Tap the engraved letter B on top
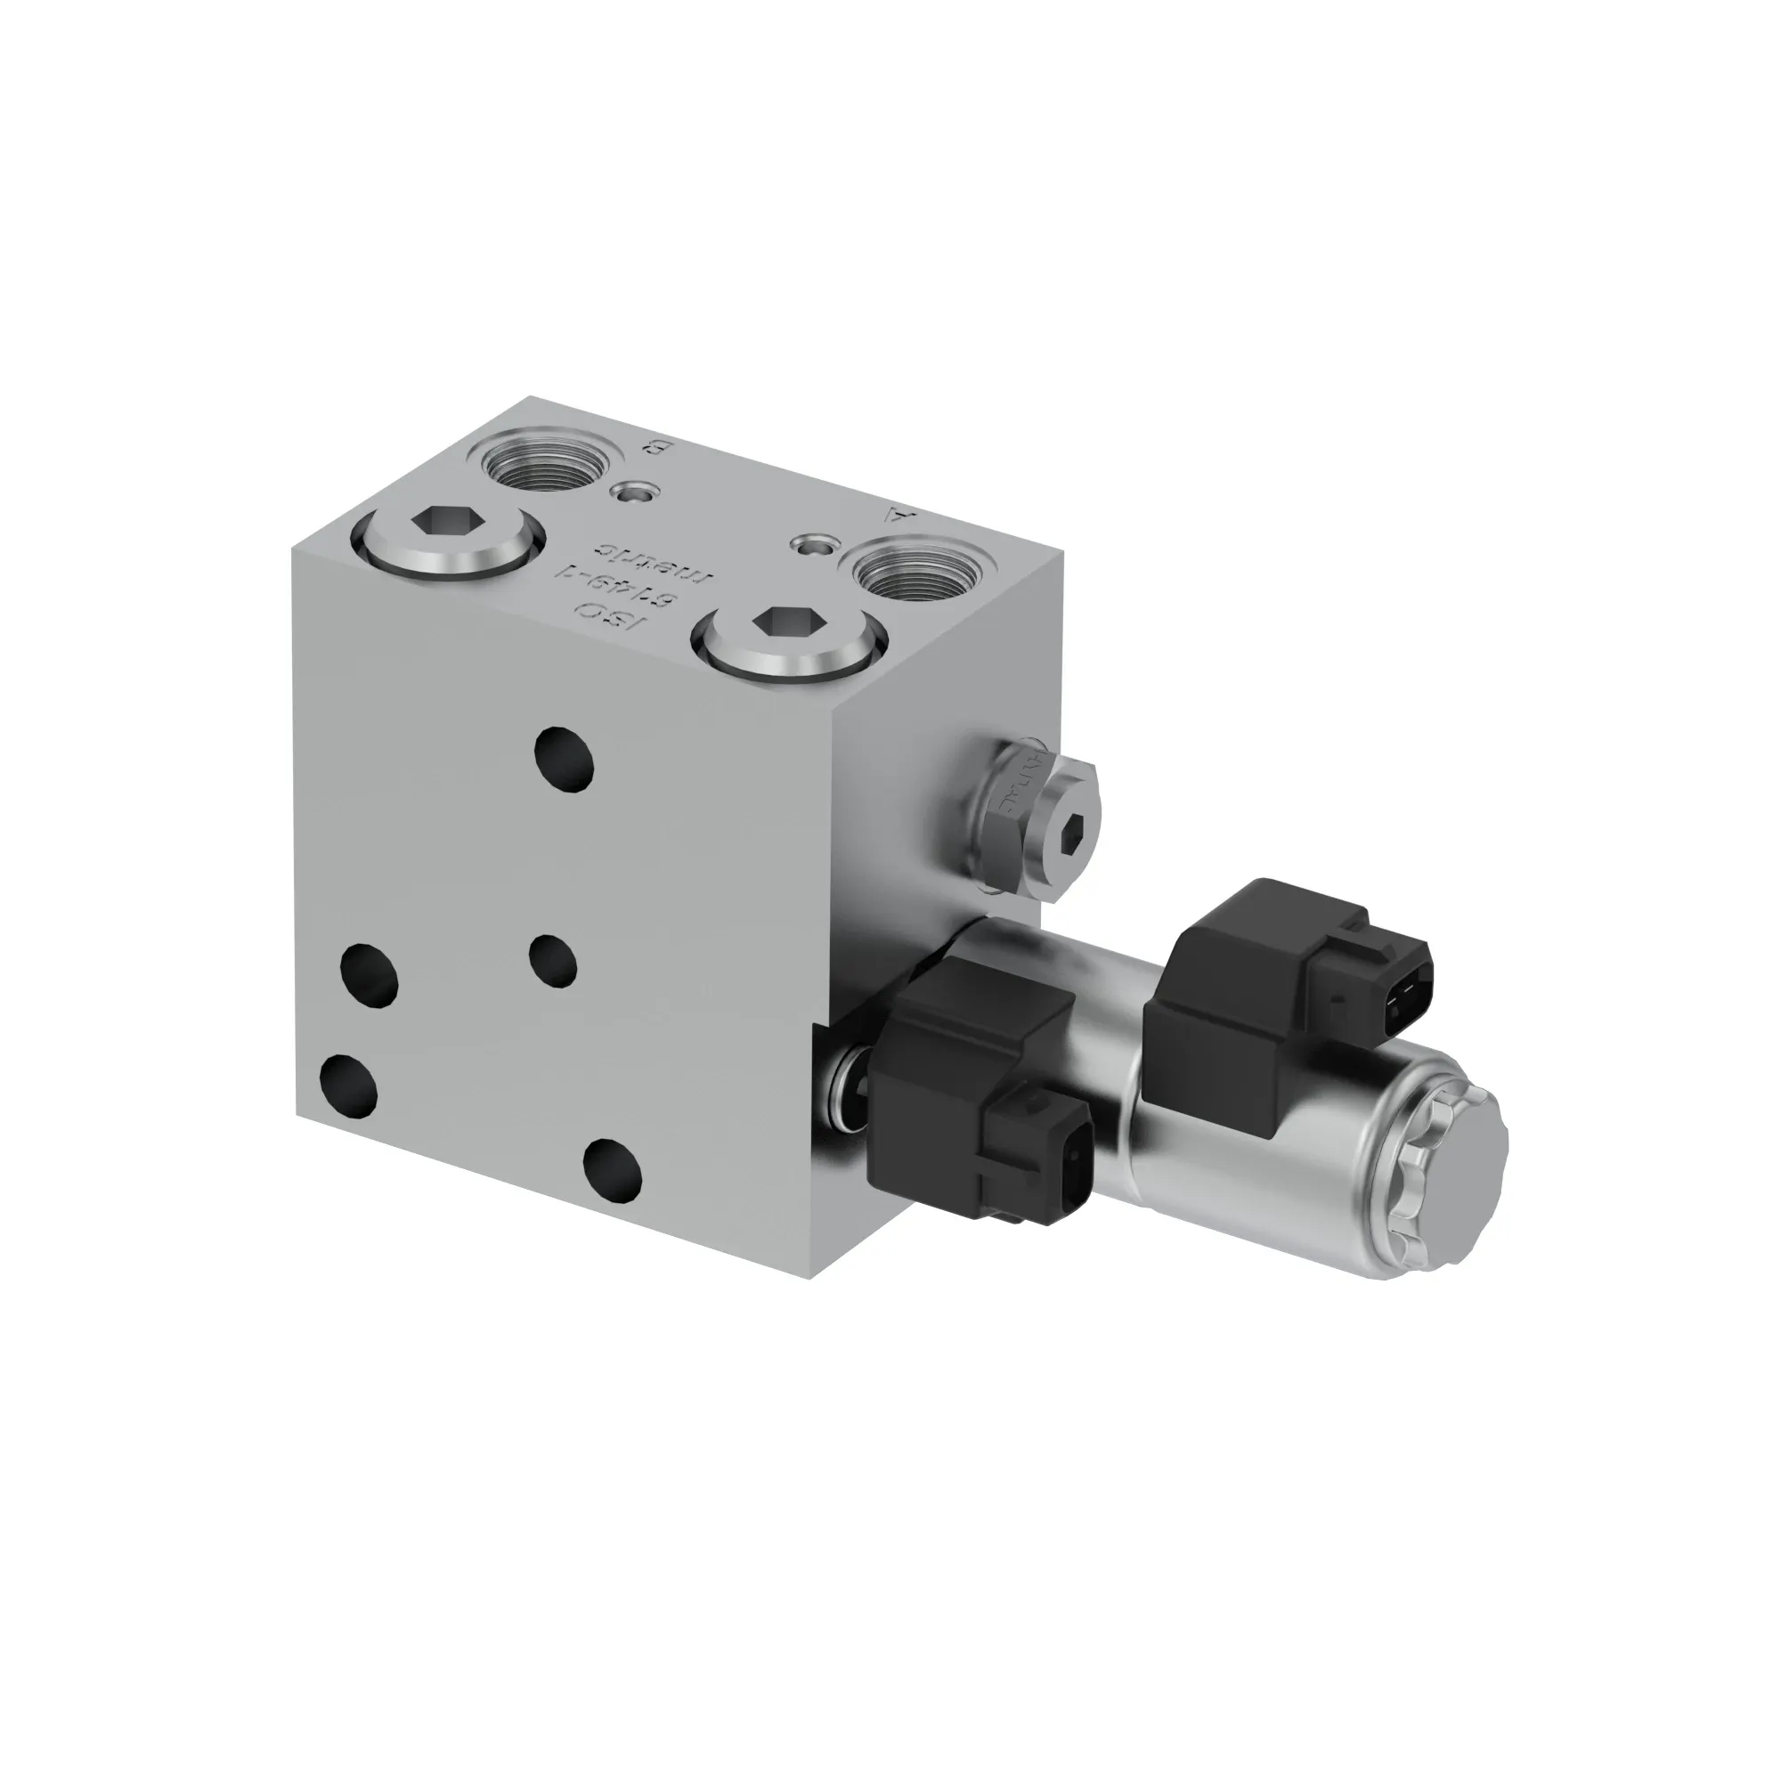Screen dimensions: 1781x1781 tap(655, 449)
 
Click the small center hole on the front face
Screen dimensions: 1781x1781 tap(553, 960)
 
